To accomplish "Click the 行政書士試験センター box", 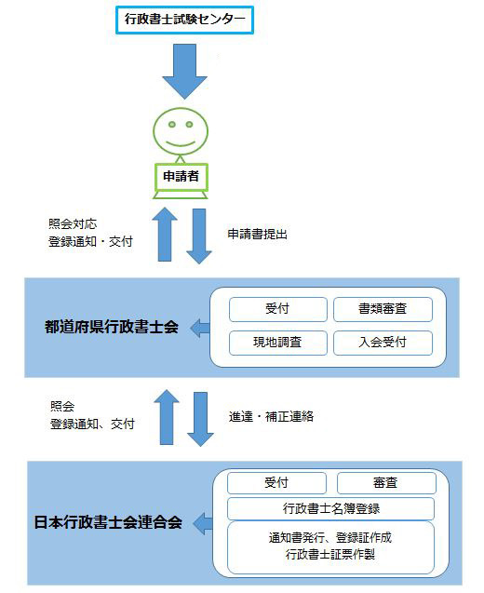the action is pyautogui.click(x=184, y=20).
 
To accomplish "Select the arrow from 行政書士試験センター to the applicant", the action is pyautogui.click(x=184, y=72).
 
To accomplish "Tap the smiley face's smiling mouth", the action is pyautogui.click(x=181, y=143).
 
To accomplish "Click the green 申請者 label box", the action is pyautogui.click(x=181, y=177).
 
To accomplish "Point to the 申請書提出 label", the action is pyautogui.click(x=257, y=234).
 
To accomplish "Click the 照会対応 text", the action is pyautogui.click(x=73, y=223).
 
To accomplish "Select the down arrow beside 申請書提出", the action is pyautogui.click(x=199, y=236).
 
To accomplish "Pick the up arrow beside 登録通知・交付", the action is pyautogui.click(x=165, y=234).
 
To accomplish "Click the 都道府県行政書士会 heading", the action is pyautogui.click(x=112, y=327).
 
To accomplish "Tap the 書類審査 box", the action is pyautogui.click(x=383, y=309).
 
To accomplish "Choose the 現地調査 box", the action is pyautogui.click(x=278, y=343).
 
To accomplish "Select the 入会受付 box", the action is pyautogui.click(x=383, y=343).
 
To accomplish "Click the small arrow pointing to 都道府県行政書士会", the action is pyautogui.click(x=199, y=328).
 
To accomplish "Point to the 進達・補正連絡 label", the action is pyautogui.click(x=271, y=417).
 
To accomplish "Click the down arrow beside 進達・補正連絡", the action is pyautogui.click(x=200, y=419).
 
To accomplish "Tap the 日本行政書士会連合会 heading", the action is pyautogui.click(x=108, y=522).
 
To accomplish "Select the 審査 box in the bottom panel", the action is pyautogui.click(x=386, y=483).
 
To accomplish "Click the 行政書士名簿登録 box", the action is pyautogui.click(x=330, y=508).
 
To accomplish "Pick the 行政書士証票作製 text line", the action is pyautogui.click(x=330, y=555).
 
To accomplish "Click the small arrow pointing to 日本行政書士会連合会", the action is pyautogui.click(x=203, y=523).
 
